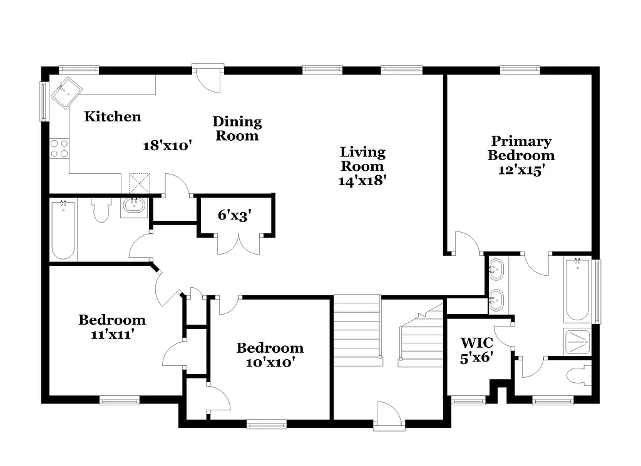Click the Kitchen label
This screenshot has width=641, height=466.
[x=113, y=116]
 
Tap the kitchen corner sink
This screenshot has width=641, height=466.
[x=66, y=94]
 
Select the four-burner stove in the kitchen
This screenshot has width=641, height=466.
[x=59, y=149]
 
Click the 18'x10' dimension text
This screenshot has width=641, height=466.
[x=167, y=146]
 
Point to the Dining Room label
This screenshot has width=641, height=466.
[x=237, y=128]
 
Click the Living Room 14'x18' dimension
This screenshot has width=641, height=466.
[x=362, y=180]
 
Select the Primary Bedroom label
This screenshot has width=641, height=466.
[x=521, y=148]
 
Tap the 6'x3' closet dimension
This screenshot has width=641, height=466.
[x=235, y=216]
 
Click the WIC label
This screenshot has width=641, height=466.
[x=476, y=343]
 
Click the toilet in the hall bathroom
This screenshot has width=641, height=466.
[x=101, y=210]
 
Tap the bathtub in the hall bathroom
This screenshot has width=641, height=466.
[x=63, y=230]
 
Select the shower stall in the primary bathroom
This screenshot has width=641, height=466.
[x=577, y=342]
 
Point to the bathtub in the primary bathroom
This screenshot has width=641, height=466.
[x=577, y=290]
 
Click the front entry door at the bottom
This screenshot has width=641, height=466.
[x=389, y=416]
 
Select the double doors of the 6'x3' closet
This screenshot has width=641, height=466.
[x=238, y=244]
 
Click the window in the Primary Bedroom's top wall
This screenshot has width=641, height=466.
[x=520, y=69]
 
